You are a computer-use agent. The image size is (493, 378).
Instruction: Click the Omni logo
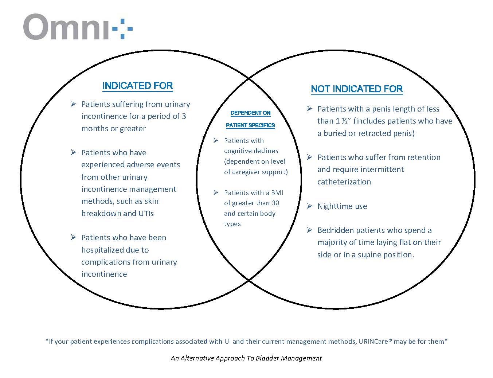78,27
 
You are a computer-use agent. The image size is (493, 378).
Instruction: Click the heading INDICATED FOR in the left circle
137,86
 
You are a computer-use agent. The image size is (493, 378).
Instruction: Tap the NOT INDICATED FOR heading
356,89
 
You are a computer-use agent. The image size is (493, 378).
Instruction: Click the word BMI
277,193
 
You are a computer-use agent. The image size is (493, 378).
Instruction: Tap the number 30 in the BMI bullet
275,203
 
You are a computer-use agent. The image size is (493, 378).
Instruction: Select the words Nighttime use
342,206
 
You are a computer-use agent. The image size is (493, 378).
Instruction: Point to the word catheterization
344,182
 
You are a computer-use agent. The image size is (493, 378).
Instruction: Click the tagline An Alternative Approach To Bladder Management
246,358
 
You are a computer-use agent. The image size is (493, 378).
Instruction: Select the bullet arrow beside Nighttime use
309,206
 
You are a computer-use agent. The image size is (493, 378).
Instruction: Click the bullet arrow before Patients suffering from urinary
73,104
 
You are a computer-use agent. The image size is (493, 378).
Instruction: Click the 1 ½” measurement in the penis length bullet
343,121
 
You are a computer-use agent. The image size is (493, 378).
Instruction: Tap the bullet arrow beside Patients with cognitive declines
216,140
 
